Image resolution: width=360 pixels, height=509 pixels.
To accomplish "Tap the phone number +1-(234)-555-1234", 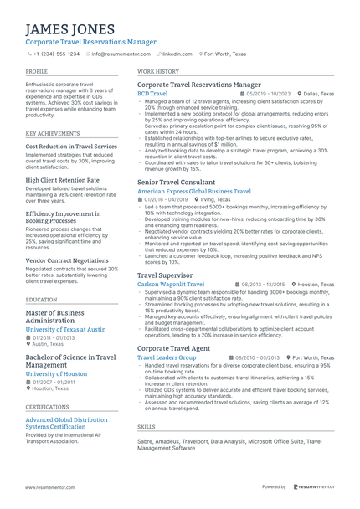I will point(56,54).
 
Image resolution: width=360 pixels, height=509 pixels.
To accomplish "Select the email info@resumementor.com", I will point(121,54).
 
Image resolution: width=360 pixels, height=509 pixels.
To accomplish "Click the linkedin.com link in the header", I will point(177,54).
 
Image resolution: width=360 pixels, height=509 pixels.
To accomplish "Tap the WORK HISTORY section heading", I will point(158,72).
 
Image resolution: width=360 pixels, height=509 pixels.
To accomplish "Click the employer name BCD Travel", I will point(152,94).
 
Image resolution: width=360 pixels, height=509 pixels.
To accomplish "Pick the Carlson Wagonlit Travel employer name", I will point(171,284).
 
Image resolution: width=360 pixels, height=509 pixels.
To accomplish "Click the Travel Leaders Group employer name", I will point(167,357).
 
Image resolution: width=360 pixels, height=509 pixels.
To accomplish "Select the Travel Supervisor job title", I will point(165,275).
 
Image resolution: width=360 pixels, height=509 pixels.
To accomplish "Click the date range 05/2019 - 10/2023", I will point(269,94).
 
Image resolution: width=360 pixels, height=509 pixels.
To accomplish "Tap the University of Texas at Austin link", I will point(66,330).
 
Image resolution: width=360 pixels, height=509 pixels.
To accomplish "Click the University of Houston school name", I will point(56,373).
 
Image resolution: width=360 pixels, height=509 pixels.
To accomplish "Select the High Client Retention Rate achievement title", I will point(63,179).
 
